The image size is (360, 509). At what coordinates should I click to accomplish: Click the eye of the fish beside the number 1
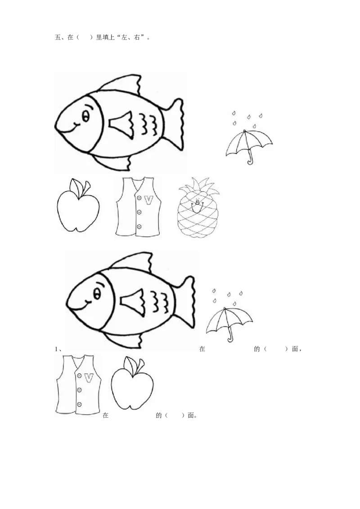[x=97, y=295]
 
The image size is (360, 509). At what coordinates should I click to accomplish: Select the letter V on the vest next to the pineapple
[x=148, y=200]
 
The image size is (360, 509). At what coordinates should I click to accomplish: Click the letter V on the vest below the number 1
[x=89, y=378]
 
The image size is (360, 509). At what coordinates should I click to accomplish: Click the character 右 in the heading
[x=137, y=37]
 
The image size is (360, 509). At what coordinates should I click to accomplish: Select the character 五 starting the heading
[x=58, y=37]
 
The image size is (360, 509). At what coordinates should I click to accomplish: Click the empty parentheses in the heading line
[x=85, y=37]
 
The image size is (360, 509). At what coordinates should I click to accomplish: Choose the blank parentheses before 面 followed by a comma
[x=276, y=349]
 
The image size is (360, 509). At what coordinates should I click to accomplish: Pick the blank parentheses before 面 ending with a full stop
[x=175, y=415]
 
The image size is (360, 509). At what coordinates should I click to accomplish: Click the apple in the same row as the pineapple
[x=78, y=206]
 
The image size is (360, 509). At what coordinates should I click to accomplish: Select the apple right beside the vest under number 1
[x=132, y=384]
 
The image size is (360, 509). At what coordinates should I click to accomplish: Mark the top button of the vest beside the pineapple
[x=139, y=198]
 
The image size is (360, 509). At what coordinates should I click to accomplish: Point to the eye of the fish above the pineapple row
[x=85, y=116]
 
